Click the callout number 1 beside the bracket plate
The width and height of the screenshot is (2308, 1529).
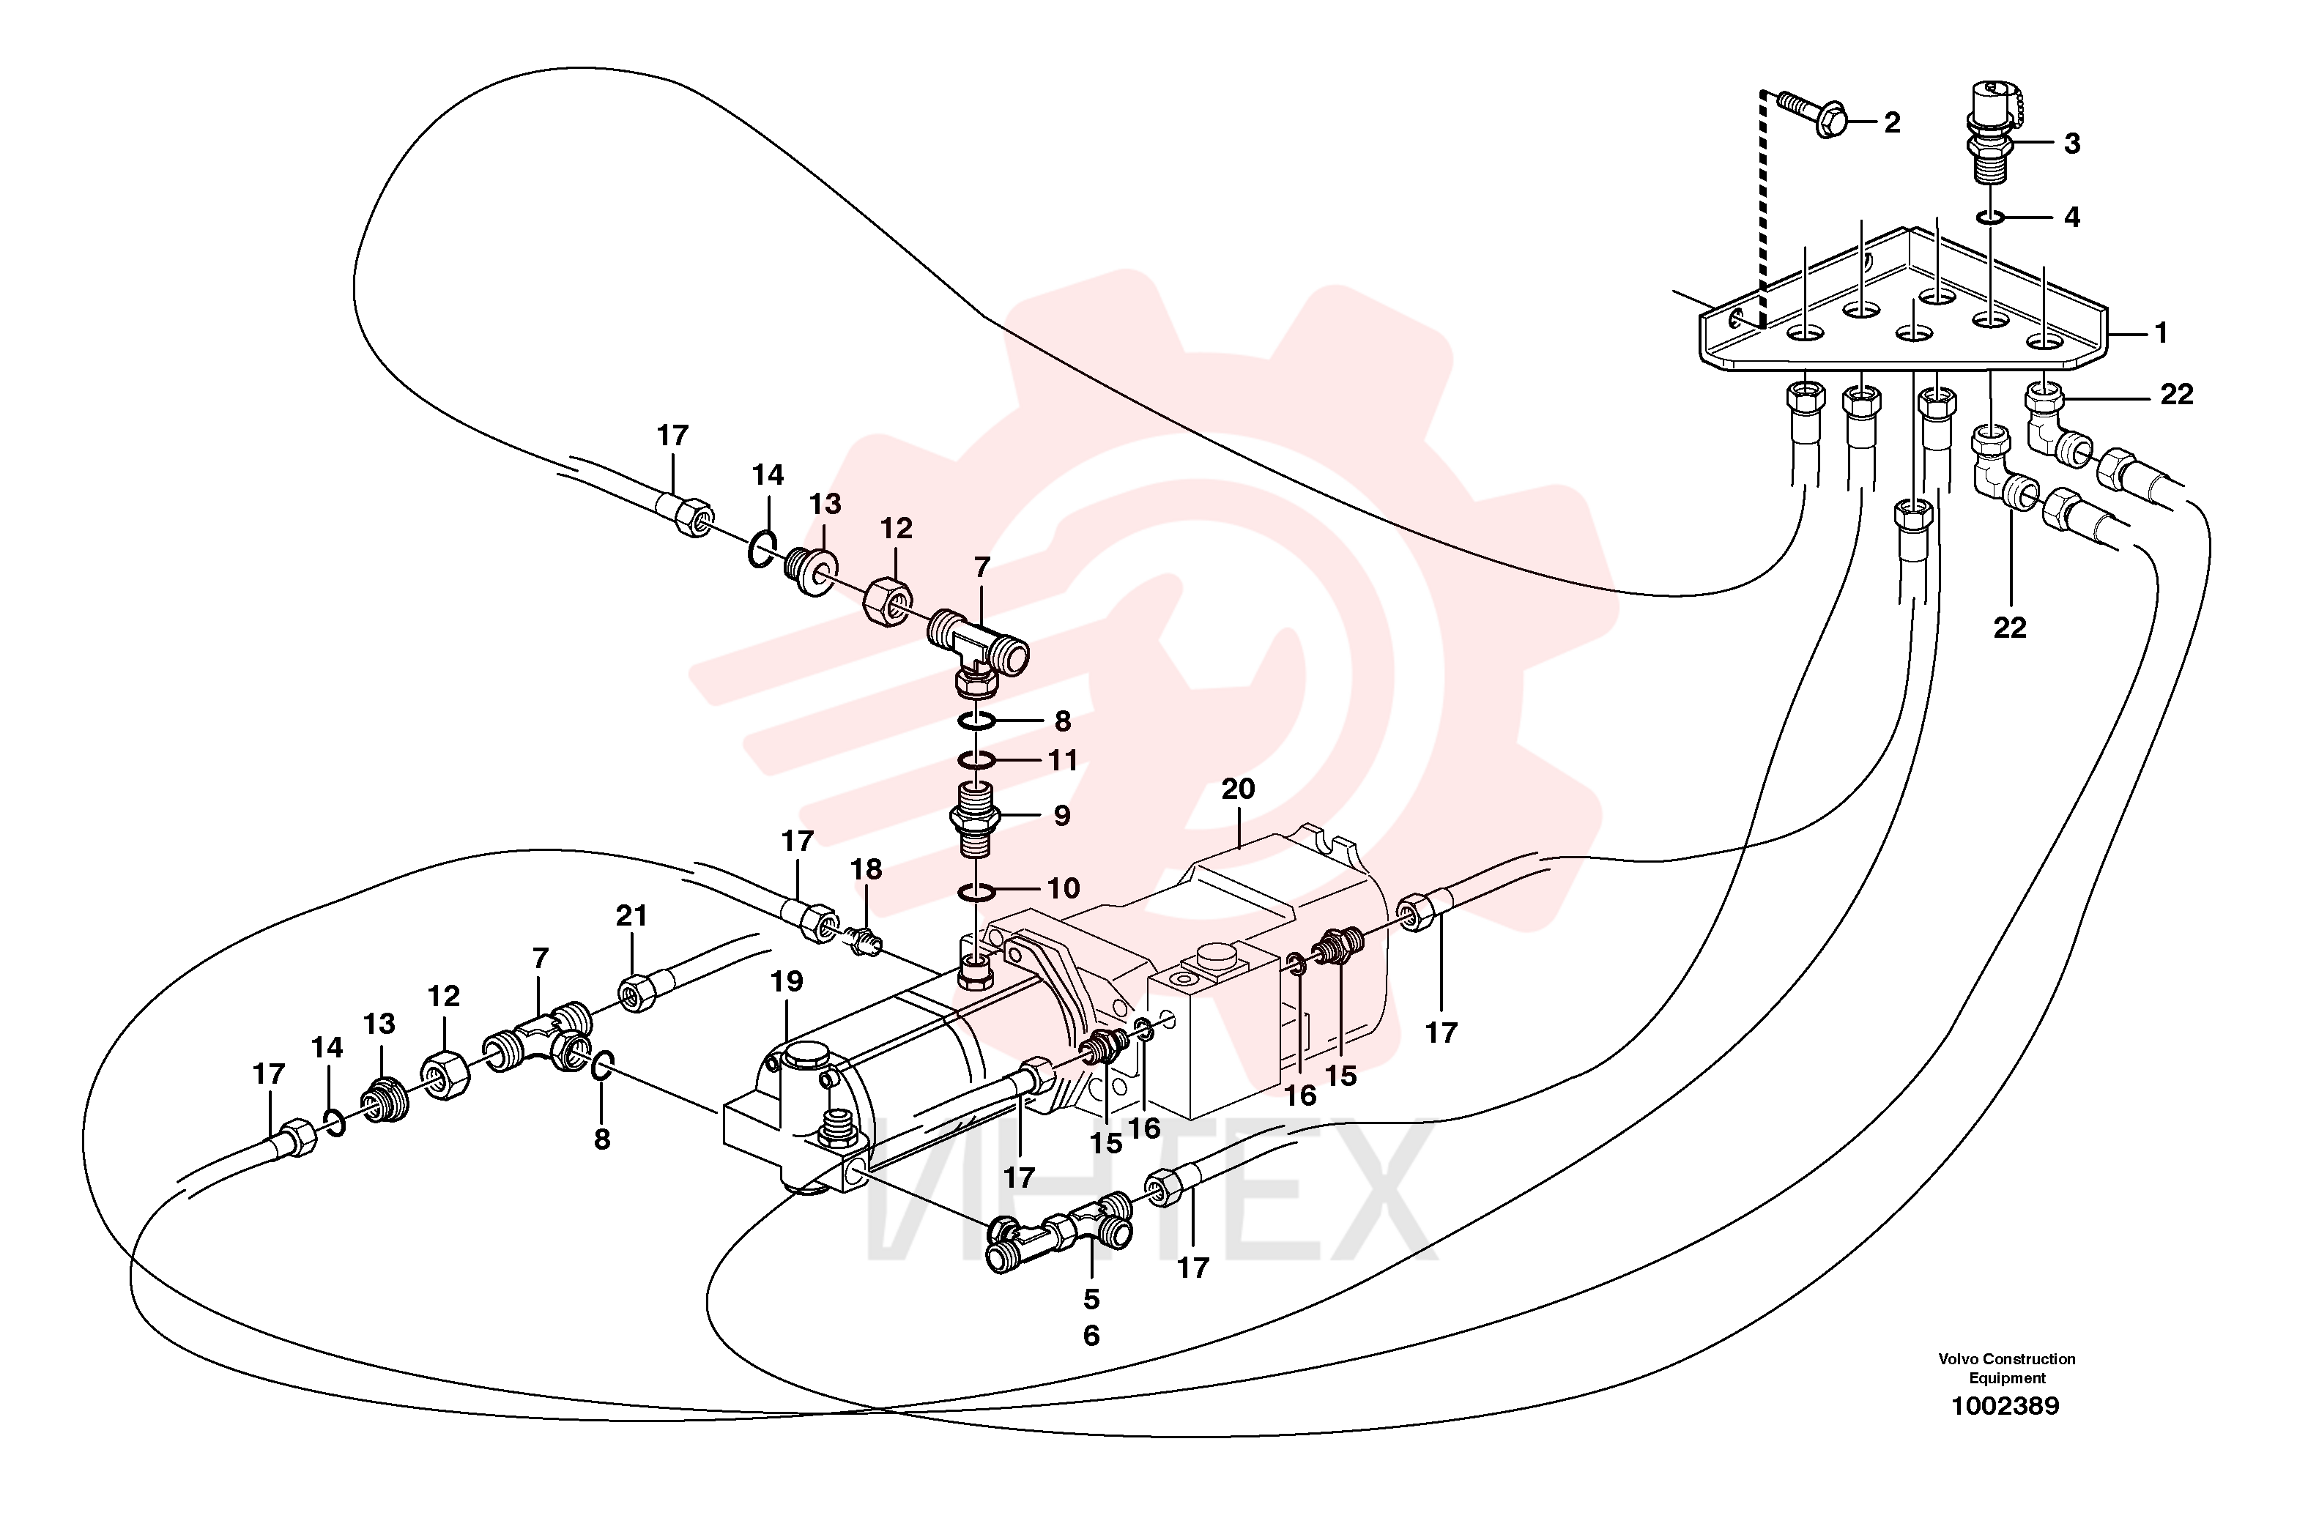coord(2161,333)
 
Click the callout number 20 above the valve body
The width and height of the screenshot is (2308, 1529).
coord(1239,789)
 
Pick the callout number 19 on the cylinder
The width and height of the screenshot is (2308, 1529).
coord(787,981)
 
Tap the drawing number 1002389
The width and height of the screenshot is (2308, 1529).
coord(2005,1405)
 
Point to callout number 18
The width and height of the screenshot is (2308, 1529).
coord(866,868)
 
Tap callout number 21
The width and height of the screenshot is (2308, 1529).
coord(632,915)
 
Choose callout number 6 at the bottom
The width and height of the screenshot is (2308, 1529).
coord(1091,1335)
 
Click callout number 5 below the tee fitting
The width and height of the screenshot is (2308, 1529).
coord(1091,1299)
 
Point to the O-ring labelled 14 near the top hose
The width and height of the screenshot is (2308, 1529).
coord(762,549)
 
